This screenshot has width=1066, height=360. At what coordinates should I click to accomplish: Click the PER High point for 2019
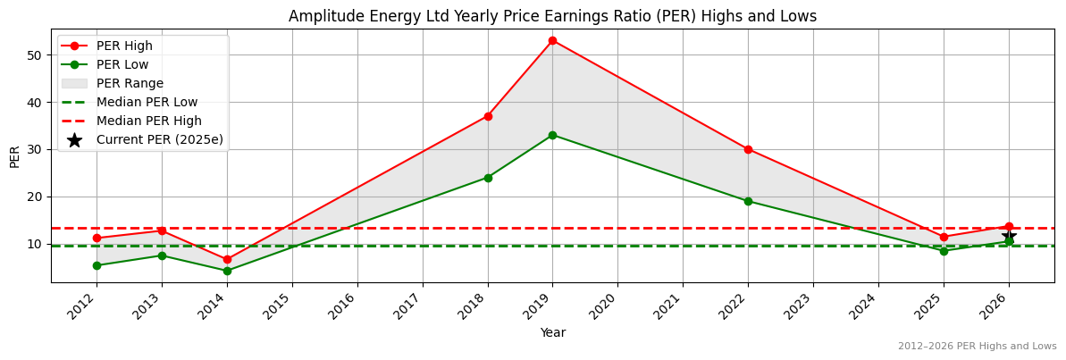point(552,40)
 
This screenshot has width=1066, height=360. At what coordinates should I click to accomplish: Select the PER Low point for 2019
point(552,135)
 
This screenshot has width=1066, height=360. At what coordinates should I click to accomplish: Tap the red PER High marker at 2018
point(488,116)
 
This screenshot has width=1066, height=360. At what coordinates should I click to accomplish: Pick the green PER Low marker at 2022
point(748,201)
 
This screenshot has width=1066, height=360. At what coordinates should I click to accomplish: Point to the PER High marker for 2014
point(227,259)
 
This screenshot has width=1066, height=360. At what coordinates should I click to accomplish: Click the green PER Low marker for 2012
point(97,265)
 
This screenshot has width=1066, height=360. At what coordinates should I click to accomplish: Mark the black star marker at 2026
point(1009,237)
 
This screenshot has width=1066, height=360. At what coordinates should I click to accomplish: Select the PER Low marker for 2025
point(944,251)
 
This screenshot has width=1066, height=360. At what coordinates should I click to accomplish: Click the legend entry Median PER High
point(148,121)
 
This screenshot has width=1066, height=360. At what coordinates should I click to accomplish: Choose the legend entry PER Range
point(130,83)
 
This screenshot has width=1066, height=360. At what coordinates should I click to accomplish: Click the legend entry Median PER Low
point(147,102)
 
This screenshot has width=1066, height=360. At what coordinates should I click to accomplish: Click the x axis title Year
point(552,332)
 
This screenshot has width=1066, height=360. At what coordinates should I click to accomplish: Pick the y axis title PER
point(14,156)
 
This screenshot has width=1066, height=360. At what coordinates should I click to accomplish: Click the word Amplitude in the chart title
point(324,16)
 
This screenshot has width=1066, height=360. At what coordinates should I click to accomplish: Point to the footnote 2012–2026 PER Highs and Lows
point(977,346)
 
